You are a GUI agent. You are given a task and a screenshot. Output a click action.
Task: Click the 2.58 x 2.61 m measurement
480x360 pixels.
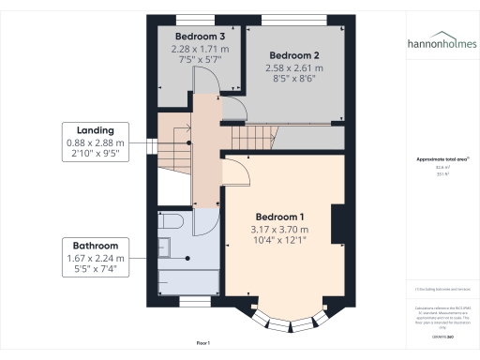tap(292, 68)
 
